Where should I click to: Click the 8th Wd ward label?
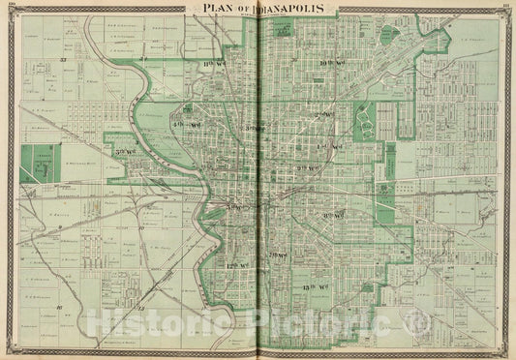click(332, 214)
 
